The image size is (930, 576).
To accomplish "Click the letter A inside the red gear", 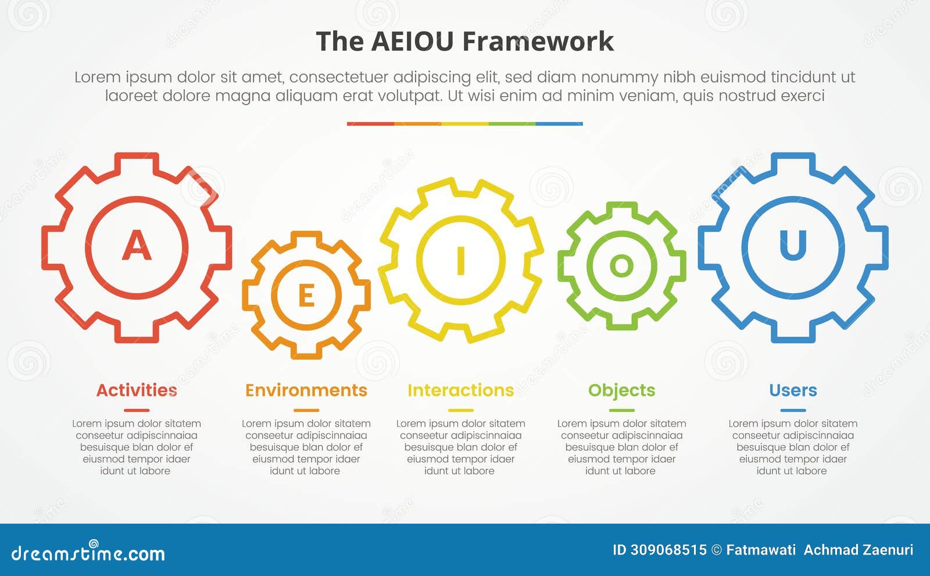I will (137, 246).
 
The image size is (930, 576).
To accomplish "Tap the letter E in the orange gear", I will (306, 296).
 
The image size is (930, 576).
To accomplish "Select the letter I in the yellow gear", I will (461, 260).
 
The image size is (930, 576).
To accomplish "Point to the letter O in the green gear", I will (621, 266).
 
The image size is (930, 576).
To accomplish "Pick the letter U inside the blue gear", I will (793, 245).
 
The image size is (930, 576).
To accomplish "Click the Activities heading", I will (137, 390).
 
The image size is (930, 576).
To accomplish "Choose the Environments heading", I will (306, 390).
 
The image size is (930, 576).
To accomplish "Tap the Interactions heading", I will (460, 390).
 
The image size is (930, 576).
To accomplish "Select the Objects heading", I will (621, 390).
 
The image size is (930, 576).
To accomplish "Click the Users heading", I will (793, 390).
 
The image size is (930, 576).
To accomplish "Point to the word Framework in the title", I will (538, 42).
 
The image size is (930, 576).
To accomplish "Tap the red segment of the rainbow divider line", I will (370, 123).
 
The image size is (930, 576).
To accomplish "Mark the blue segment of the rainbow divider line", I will (559, 123).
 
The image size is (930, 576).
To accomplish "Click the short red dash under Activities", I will (137, 410).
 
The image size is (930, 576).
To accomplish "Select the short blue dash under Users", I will (793, 410).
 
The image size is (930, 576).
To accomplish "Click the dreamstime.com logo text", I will (88, 553).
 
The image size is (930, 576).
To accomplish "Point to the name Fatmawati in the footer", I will (761, 550).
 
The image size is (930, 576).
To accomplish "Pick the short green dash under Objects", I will (621, 410).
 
